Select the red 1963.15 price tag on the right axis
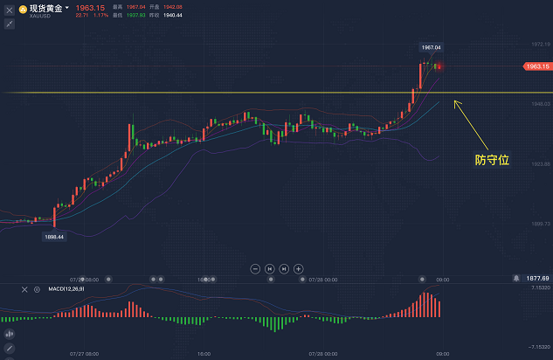(x=536, y=66)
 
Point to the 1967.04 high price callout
(x=431, y=47)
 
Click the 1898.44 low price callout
(x=55, y=237)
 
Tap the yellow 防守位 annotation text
(x=492, y=161)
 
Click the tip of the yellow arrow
(x=453, y=101)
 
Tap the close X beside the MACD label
(x=24, y=288)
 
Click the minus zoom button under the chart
(x=255, y=268)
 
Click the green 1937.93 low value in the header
(x=135, y=15)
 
